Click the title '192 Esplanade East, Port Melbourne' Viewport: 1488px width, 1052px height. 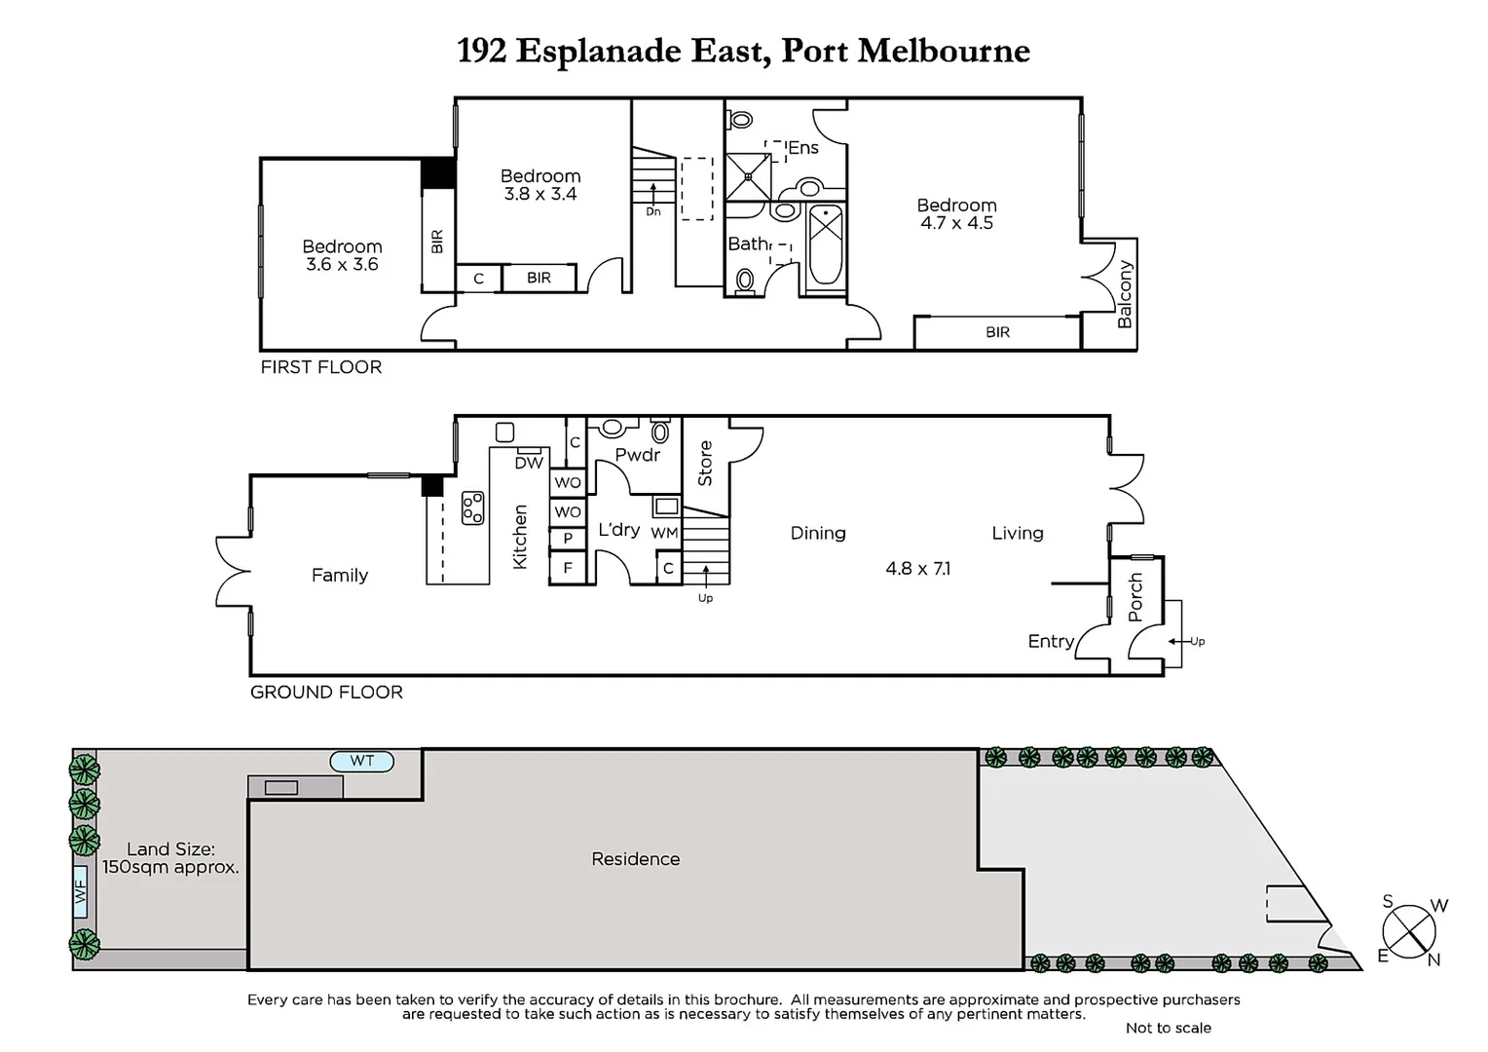(x=743, y=51)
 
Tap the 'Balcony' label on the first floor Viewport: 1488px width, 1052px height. (x=1125, y=293)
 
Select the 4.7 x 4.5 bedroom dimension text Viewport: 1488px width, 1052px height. (x=956, y=223)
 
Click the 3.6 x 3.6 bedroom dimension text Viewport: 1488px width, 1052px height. (x=341, y=265)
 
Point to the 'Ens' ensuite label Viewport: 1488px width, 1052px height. (x=803, y=148)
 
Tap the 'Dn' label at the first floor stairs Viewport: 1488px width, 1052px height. (x=652, y=211)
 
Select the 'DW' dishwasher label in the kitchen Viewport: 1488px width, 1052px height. (x=528, y=463)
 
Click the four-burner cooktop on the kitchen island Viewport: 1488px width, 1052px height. (x=473, y=507)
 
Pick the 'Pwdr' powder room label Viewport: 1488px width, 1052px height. (x=638, y=455)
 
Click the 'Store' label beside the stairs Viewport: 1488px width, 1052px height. (x=705, y=464)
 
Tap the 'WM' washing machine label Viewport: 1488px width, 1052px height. (x=664, y=533)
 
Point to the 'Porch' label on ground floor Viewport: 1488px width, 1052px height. (x=1135, y=596)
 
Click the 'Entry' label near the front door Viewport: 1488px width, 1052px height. (x=1051, y=641)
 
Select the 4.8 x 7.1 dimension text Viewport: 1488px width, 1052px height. (x=917, y=569)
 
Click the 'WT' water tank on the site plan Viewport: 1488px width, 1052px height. (x=361, y=761)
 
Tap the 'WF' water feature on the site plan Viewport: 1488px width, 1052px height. (x=81, y=890)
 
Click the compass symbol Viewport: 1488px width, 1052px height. (x=1409, y=930)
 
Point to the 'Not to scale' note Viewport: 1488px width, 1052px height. (x=1168, y=1028)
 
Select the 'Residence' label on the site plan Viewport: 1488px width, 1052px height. (x=635, y=859)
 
